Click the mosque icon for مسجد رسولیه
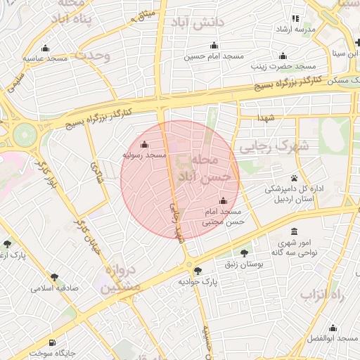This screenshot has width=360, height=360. click(145, 144)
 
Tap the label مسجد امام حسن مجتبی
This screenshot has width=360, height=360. click(223, 216)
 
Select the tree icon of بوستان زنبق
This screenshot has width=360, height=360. click(244, 253)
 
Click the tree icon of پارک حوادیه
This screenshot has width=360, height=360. click(198, 270)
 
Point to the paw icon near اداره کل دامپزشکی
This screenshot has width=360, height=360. click(294, 178)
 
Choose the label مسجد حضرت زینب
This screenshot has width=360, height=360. click(284, 66)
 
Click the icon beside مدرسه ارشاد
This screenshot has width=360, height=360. click(295, 18)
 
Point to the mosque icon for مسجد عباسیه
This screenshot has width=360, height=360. click(46, 49)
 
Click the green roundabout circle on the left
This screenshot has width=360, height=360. click(25, 131)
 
